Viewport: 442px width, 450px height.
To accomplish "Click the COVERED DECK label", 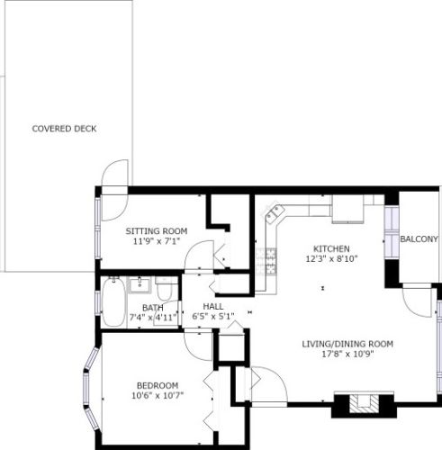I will coord(64,129).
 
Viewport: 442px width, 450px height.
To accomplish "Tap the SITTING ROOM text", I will coord(156,231).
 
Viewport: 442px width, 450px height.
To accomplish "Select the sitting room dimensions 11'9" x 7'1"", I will coord(156,241).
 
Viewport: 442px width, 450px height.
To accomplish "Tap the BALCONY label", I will coord(419,238).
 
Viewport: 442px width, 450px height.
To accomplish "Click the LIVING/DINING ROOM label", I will coord(347,343).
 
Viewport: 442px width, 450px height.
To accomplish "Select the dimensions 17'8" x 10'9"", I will coord(347,353).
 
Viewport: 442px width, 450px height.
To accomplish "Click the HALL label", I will coord(213,306).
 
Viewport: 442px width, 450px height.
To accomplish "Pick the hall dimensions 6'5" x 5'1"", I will coord(213,316).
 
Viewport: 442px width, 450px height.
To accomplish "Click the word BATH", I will coord(152,308).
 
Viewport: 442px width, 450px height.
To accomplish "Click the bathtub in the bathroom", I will coord(114,303).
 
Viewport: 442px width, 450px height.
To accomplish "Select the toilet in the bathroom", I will coord(166,289).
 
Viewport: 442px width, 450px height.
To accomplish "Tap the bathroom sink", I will coord(140,286).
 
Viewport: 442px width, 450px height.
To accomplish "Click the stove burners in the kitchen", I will coord(267,261).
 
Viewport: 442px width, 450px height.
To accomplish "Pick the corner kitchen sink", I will coord(274,214).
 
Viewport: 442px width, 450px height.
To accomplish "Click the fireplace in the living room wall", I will coord(364,404).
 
